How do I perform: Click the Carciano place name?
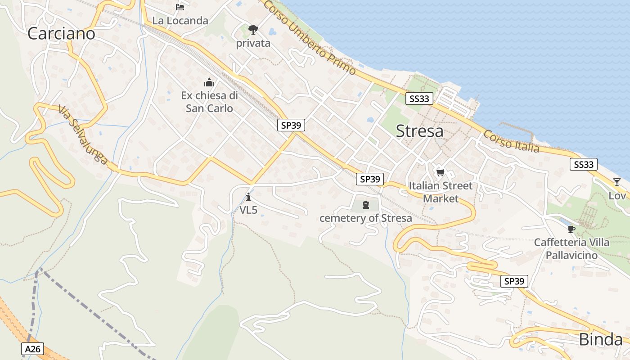point(61,34)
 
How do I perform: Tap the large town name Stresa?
point(419,131)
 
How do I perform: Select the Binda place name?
point(601,340)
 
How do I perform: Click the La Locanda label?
point(180,21)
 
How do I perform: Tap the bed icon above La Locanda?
point(180,7)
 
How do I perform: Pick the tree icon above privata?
point(253,30)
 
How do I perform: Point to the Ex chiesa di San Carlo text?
point(209,102)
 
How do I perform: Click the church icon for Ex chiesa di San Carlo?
point(209,82)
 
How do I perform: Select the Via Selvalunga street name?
point(83,135)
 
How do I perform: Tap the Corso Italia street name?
point(511,141)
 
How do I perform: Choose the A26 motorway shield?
point(32,349)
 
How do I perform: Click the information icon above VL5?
point(248,197)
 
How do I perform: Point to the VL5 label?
point(248,210)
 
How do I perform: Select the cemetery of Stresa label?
point(365,218)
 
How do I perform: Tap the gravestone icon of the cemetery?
point(365,205)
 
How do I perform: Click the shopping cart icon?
point(441,172)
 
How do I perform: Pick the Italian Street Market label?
point(441,192)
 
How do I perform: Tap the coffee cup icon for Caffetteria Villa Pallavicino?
point(571,229)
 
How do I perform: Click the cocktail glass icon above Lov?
point(616,182)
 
